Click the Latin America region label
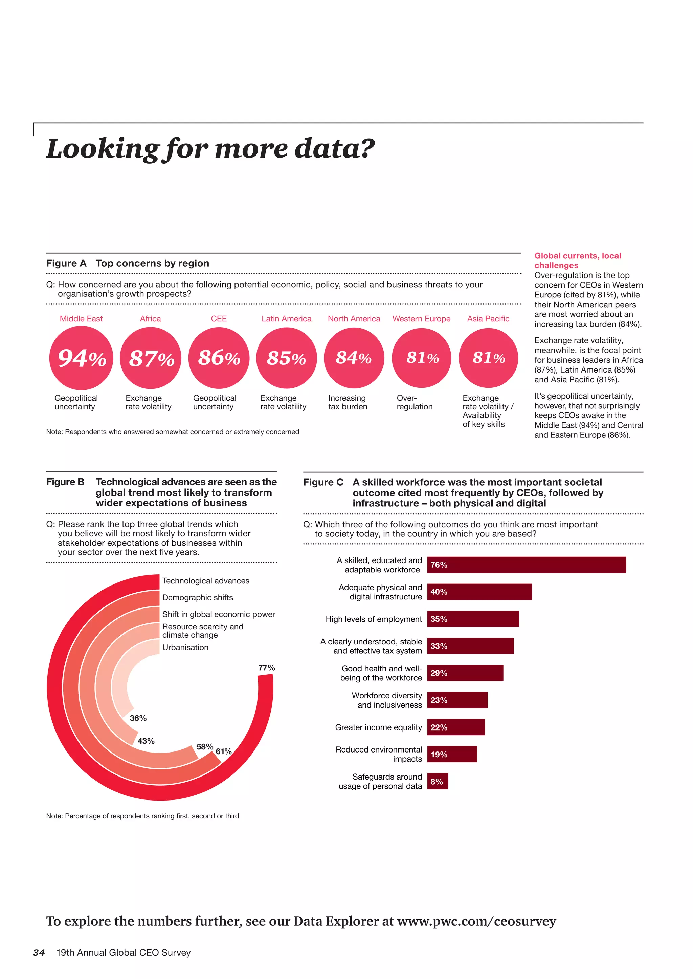point(286,319)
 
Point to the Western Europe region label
point(421,319)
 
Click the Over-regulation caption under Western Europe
point(415,402)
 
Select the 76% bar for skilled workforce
point(526,565)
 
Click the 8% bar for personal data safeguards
point(438,781)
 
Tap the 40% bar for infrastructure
point(479,592)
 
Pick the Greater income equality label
point(378,727)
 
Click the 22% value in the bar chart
point(439,727)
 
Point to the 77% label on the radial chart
point(266,668)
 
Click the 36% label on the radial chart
point(138,718)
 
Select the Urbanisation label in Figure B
point(185,647)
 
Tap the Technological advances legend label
point(206,581)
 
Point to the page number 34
point(39,953)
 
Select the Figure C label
point(323,482)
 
